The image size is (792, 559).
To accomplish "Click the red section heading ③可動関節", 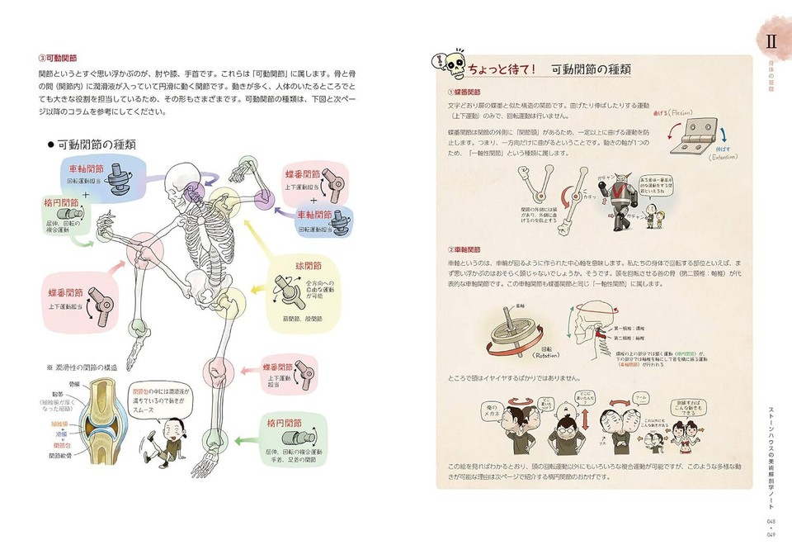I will click(58, 59).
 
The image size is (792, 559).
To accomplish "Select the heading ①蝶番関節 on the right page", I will click(465, 92).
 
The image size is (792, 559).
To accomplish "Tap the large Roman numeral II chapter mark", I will click(771, 40).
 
